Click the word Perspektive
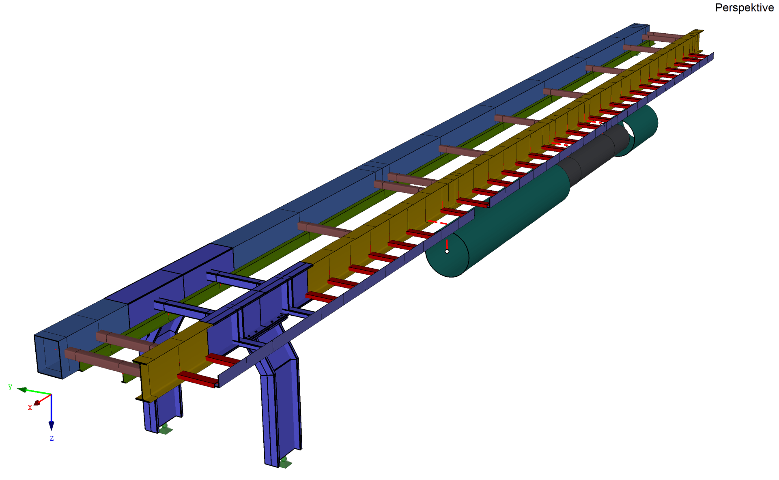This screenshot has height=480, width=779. (x=744, y=8)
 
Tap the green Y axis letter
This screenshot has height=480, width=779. (x=10, y=387)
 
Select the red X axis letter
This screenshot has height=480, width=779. (x=30, y=407)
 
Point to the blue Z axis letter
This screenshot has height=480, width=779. (x=52, y=438)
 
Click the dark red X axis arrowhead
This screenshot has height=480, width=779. (x=37, y=403)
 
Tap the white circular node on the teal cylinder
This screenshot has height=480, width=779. (x=447, y=251)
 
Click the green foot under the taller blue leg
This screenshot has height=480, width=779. (x=285, y=462)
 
